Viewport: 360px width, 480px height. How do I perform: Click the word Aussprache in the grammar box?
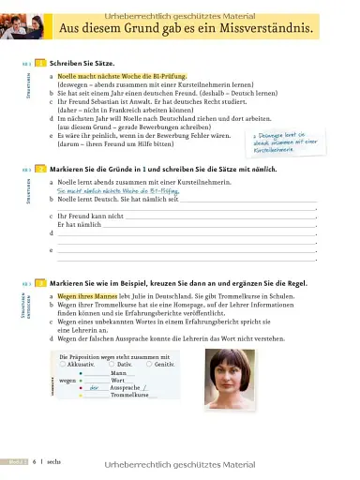(x=126, y=387)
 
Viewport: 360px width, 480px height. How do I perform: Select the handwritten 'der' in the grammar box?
(x=94, y=387)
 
